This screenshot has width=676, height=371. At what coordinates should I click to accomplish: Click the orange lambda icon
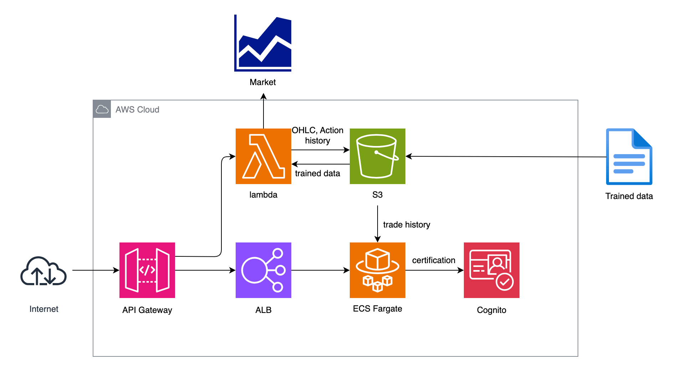point(263,156)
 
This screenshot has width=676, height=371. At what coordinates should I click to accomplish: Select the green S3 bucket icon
point(377,156)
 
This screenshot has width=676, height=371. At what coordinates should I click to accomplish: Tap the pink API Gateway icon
point(147,270)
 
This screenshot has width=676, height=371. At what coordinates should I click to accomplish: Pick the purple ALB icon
point(263,270)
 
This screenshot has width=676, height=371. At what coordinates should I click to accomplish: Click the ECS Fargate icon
point(377,270)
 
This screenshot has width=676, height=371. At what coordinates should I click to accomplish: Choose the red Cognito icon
point(491,270)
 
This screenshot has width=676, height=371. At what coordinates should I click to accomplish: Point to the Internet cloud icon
point(43,271)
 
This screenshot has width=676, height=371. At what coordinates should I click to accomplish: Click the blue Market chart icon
point(263,43)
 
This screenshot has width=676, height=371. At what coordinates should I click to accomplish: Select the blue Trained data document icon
point(629,157)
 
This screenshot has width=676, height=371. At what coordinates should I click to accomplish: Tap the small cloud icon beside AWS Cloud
point(102,109)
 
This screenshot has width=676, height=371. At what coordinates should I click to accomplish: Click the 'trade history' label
point(406,225)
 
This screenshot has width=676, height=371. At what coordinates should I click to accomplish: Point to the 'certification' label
point(434,260)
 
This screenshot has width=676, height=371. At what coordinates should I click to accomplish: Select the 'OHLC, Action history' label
point(317,135)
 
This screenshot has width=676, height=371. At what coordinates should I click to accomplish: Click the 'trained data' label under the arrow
point(317,173)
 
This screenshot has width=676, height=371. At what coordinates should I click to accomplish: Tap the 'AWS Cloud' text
point(137,110)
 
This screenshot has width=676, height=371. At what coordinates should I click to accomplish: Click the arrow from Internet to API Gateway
point(96,270)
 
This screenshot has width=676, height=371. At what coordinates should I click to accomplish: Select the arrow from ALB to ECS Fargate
point(320,270)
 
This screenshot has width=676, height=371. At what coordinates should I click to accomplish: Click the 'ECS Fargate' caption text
point(377,309)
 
